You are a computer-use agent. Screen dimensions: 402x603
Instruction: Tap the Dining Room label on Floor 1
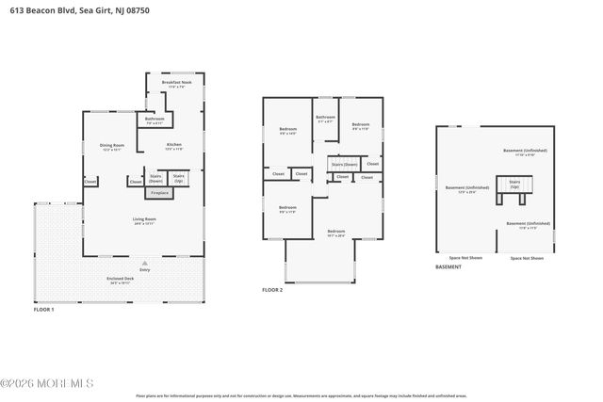112,147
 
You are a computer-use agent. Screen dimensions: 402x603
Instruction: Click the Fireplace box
160,193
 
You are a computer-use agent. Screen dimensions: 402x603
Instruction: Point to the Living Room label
143,221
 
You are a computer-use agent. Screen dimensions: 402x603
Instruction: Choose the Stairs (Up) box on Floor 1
179,178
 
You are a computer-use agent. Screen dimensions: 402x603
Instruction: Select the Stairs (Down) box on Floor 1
155,178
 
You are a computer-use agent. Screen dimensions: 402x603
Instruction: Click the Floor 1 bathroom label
155,121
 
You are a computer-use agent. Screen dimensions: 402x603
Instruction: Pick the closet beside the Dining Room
90,182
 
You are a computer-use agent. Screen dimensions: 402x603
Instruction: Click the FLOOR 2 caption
272,290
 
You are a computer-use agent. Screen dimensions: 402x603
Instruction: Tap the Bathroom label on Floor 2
325,120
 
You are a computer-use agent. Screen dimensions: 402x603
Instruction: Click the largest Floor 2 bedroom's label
336,233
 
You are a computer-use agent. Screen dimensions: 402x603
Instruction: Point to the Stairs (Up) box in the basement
515,185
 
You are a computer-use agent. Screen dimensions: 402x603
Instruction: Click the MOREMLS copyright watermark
47,383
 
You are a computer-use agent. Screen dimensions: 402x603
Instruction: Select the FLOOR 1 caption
44,309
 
